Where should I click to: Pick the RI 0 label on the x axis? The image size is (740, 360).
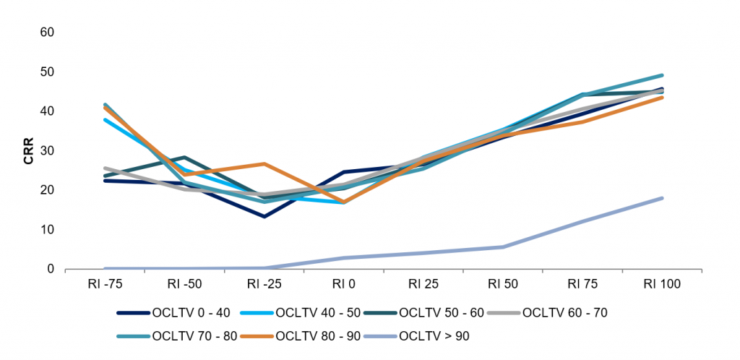pos(343,285)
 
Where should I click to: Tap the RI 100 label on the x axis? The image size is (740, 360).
pos(661,285)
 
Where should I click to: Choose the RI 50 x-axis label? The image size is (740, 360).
pos(502,285)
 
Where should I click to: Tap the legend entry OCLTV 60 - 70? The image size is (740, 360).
pos(557,313)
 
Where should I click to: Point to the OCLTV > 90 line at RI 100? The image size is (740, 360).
pos(661,198)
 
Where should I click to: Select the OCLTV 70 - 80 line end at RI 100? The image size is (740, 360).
pos(661,75)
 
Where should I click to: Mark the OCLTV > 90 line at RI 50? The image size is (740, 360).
pos(502,247)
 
